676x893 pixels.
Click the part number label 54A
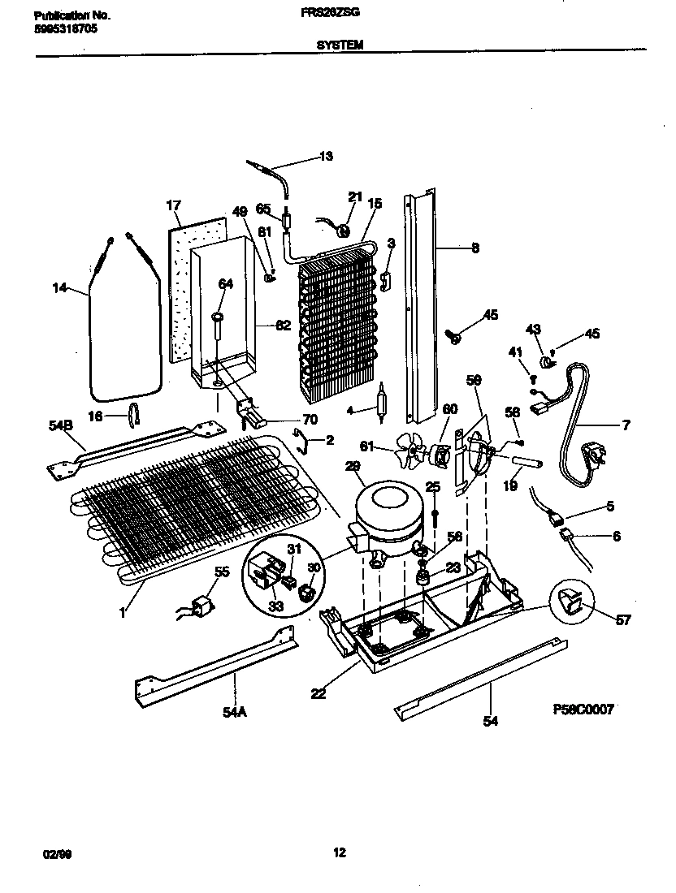234,711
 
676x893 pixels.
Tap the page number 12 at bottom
339,852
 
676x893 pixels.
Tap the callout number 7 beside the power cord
626,425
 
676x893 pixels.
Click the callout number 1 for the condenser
123,614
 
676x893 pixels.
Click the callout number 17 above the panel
173,205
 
